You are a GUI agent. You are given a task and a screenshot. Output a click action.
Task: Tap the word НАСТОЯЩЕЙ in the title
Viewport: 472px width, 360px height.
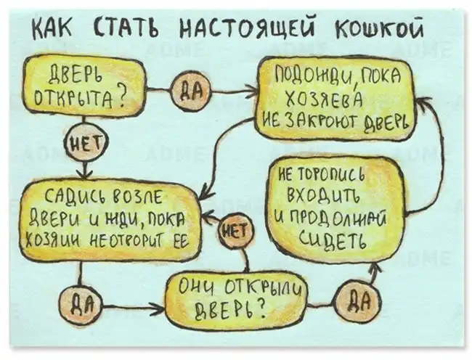240,30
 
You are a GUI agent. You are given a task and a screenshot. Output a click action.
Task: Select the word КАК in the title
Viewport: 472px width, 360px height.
53,30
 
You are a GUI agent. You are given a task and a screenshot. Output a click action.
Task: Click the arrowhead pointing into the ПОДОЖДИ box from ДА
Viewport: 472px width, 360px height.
254,91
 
